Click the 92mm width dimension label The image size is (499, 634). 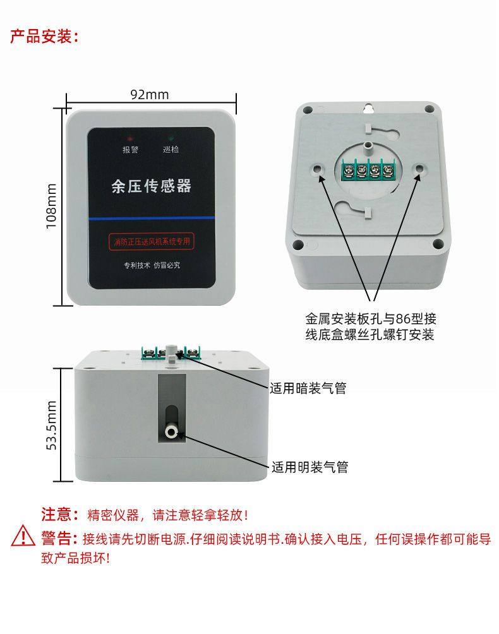pos(150,95)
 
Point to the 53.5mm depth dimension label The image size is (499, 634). pos(52,425)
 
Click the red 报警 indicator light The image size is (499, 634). pos(129,138)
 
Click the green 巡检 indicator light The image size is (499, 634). pos(171,138)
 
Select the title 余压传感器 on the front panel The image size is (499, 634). pos(151,186)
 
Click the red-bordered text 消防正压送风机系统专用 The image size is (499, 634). pos(151,241)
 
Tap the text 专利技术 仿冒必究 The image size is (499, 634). pos(152,265)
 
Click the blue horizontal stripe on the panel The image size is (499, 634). pos(151,218)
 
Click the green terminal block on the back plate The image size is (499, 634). pos(369,170)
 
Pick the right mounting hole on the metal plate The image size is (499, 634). pos(419,169)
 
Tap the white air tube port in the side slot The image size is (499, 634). pos(171,432)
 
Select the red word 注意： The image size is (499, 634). pos(60,515)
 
